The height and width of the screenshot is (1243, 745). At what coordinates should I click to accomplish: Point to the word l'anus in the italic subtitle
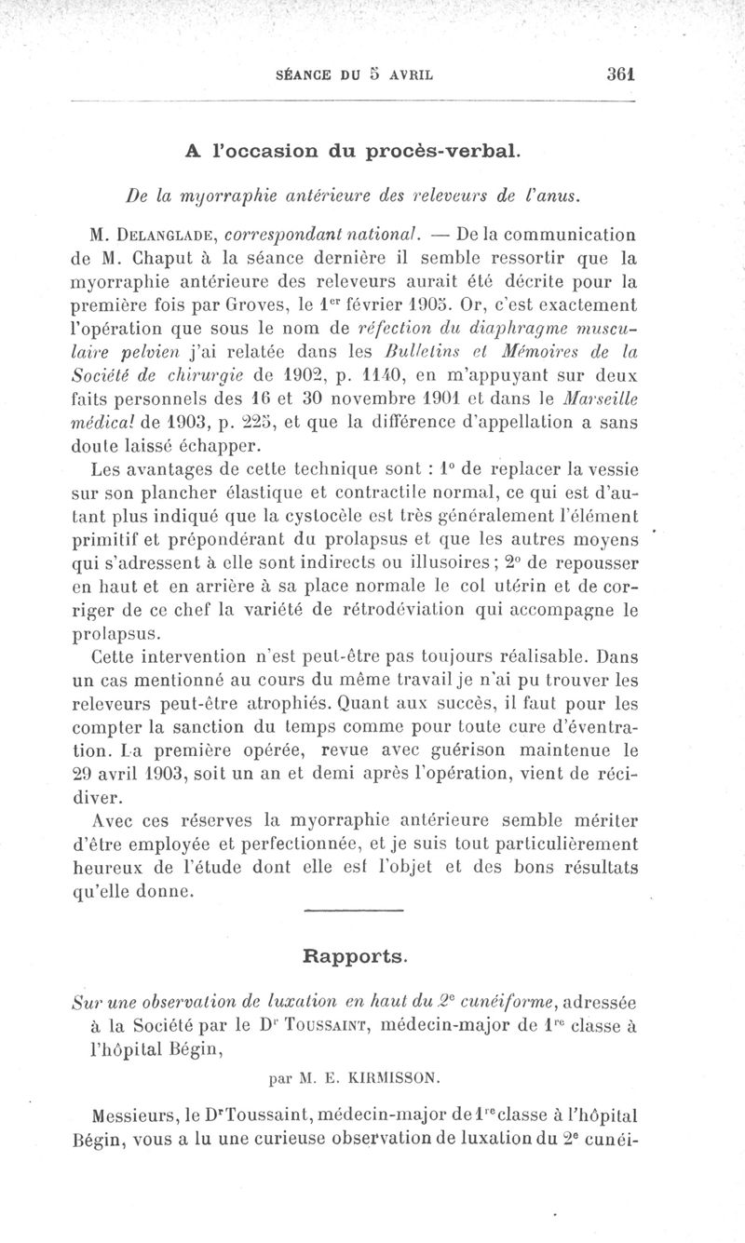(557, 195)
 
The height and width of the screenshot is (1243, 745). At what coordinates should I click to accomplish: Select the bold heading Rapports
(355, 955)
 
